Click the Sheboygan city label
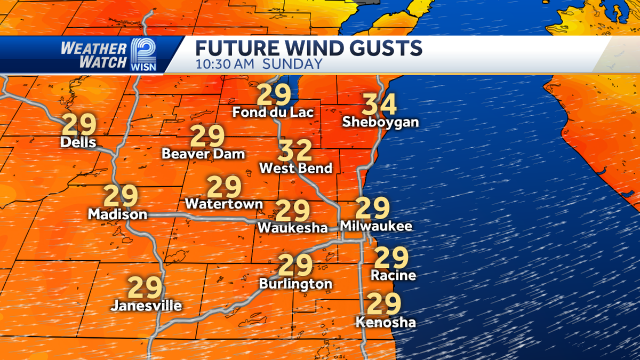[380, 122]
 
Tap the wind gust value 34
[380, 105]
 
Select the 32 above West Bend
[295, 151]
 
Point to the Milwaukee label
[376, 226]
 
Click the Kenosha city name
[386, 322]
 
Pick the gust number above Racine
[391, 258]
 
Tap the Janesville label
[146, 306]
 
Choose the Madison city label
[117, 214]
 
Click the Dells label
[78, 142]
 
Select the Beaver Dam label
[203, 154]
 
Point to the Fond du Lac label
[273, 113]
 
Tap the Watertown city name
[224, 204]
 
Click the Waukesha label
[292, 228]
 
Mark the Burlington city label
[295, 284]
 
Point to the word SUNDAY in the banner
[299, 65]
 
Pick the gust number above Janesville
[145, 288]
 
